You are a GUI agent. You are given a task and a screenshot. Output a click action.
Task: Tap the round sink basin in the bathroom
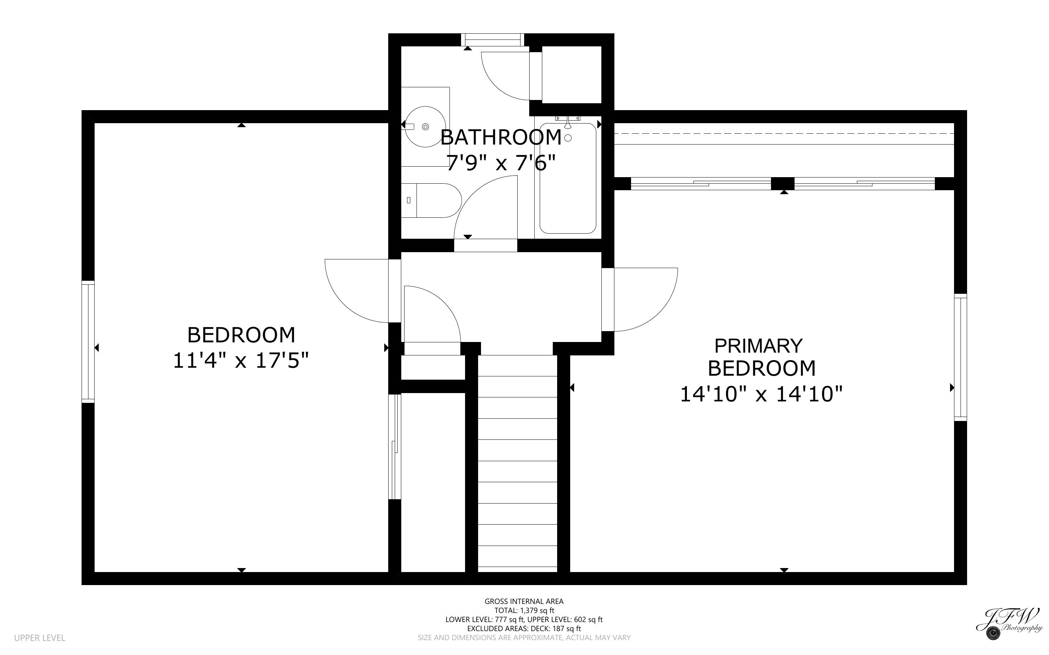(x=426, y=126)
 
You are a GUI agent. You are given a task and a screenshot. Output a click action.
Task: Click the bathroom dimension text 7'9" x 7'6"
(x=501, y=163)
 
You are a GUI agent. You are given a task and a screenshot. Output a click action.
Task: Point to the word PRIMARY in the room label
(x=758, y=346)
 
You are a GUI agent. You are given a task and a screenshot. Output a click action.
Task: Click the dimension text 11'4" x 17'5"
(x=241, y=360)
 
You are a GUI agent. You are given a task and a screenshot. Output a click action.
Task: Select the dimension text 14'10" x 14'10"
(x=761, y=395)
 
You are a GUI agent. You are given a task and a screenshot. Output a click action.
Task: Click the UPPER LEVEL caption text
(x=40, y=638)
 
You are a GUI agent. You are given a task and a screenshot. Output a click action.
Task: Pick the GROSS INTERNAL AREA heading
(x=524, y=601)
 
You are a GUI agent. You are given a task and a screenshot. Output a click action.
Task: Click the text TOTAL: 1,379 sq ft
(x=524, y=610)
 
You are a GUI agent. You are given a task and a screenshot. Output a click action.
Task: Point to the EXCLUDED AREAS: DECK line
(x=524, y=629)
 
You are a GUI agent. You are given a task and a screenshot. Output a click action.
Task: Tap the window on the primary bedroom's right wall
(x=960, y=358)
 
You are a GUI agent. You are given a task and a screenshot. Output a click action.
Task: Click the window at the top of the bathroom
(x=492, y=40)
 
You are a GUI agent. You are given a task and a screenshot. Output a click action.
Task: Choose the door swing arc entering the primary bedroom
(x=650, y=303)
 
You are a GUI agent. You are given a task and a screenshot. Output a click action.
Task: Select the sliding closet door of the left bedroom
(x=394, y=446)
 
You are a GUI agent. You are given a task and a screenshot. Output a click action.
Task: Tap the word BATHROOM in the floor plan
(x=501, y=137)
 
